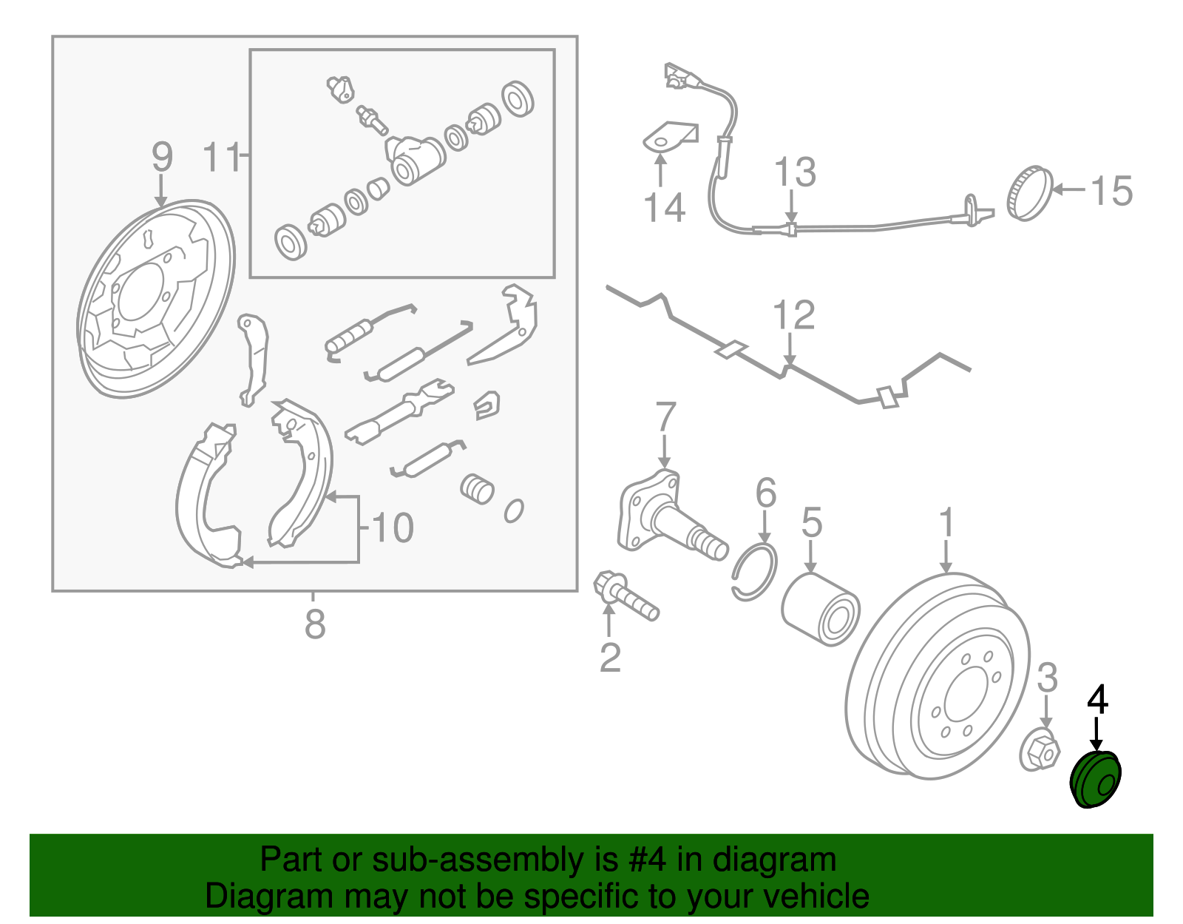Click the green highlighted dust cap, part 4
(x=1096, y=780)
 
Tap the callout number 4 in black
(x=1098, y=700)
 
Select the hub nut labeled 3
(x=1040, y=752)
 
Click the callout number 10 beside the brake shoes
(x=392, y=528)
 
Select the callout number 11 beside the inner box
(x=222, y=158)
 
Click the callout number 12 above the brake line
(x=793, y=315)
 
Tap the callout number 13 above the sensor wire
(x=795, y=172)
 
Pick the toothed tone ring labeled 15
(x=1029, y=194)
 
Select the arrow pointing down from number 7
(x=665, y=451)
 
